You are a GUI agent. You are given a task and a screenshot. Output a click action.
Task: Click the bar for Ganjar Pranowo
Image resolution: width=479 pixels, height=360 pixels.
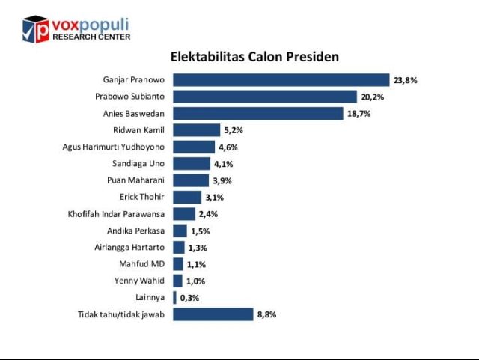point(281,80)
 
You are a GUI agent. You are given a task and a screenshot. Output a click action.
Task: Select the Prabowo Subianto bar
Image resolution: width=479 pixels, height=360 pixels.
point(265,97)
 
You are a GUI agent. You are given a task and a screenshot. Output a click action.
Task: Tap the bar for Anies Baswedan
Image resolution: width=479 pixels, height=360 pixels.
point(259,114)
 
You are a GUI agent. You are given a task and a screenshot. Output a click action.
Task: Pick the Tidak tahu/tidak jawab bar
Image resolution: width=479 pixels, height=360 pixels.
point(213,314)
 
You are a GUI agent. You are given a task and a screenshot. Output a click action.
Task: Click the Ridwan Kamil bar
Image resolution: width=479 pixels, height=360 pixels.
point(197,130)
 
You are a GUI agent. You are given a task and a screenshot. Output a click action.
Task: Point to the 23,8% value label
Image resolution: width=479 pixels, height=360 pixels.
point(405,80)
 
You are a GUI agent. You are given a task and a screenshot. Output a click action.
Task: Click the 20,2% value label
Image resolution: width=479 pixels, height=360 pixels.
point(372,97)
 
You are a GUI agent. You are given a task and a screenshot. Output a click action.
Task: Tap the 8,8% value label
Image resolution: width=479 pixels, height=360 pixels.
point(266,314)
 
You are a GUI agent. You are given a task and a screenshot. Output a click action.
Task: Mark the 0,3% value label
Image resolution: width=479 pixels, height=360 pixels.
point(188,298)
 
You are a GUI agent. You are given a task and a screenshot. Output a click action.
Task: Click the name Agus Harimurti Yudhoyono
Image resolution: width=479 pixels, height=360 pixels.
point(113,147)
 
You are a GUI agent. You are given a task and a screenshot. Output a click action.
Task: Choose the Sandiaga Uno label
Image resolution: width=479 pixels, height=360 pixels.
point(138,163)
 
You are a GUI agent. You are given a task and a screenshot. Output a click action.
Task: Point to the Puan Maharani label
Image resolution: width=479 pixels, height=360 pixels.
point(136,180)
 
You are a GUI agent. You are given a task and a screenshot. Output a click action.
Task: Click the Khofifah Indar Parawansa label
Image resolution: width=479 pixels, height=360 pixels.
point(116,214)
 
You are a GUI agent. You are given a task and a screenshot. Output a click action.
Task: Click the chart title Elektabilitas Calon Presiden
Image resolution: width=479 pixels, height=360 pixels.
point(254,57)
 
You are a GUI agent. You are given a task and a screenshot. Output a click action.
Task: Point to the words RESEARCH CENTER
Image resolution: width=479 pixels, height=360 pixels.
point(91,37)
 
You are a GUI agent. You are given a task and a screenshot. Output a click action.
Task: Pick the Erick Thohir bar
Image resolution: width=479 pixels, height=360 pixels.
point(187,197)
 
